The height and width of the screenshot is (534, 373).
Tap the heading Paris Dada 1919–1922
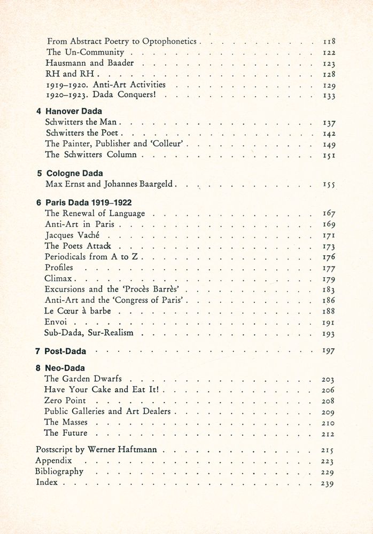[x=89, y=203]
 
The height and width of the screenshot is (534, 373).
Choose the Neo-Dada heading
[x=66, y=368]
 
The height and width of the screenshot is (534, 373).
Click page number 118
[x=329, y=41]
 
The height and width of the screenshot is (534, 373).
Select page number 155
[x=329, y=185]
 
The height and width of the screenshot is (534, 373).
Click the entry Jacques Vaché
[x=72, y=235]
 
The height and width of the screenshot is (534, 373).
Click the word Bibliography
[x=59, y=472]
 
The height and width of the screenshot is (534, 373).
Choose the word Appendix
[x=53, y=460]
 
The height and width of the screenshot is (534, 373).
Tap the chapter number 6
[x=38, y=203]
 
